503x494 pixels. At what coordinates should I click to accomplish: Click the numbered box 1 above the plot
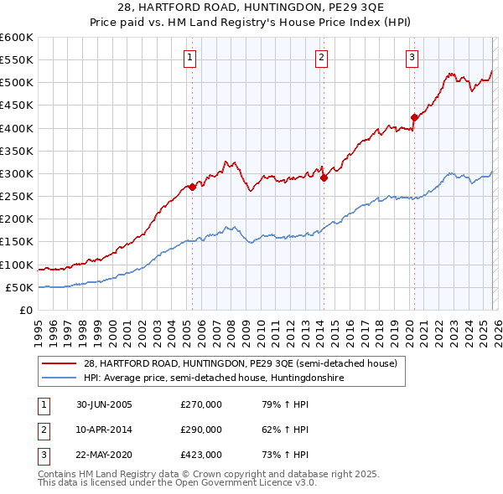tap(190, 58)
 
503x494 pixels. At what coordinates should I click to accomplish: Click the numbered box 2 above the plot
tap(321, 58)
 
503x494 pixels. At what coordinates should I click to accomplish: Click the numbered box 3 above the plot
tap(412, 58)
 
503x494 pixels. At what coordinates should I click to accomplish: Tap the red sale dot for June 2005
tap(192, 187)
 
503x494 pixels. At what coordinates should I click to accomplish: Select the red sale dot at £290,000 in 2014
tap(324, 178)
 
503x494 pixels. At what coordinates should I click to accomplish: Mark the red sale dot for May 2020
tap(414, 117)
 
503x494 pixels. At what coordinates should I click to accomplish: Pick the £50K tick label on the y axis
tap(19, 287)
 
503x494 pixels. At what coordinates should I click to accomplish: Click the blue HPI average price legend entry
tap(214, 378)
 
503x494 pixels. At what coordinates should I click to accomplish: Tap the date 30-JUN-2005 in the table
tap(104, 404)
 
